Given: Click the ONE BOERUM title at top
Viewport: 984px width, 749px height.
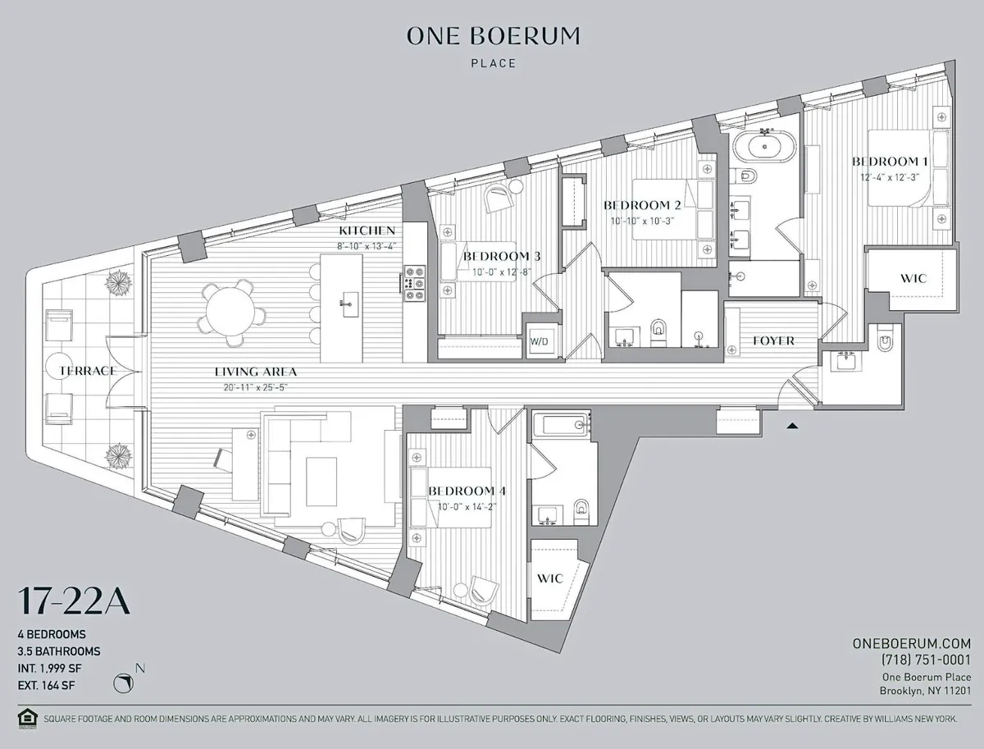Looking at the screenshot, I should [x=493, y=36].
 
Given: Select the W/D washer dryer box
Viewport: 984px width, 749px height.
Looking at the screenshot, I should [x=539, y=340].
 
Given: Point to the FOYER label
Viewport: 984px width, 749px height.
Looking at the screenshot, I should [x=772, y=340].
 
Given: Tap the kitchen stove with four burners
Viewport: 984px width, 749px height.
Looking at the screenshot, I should [x=414, y=283].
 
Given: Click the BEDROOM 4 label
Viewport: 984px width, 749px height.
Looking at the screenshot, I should [x=467, y=491].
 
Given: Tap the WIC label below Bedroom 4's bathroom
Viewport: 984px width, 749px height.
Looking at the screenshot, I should [x=549, y=578].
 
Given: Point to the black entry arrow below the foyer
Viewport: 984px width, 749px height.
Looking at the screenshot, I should [x=791, y=426].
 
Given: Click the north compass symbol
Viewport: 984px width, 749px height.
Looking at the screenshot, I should [x=125, y=683].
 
